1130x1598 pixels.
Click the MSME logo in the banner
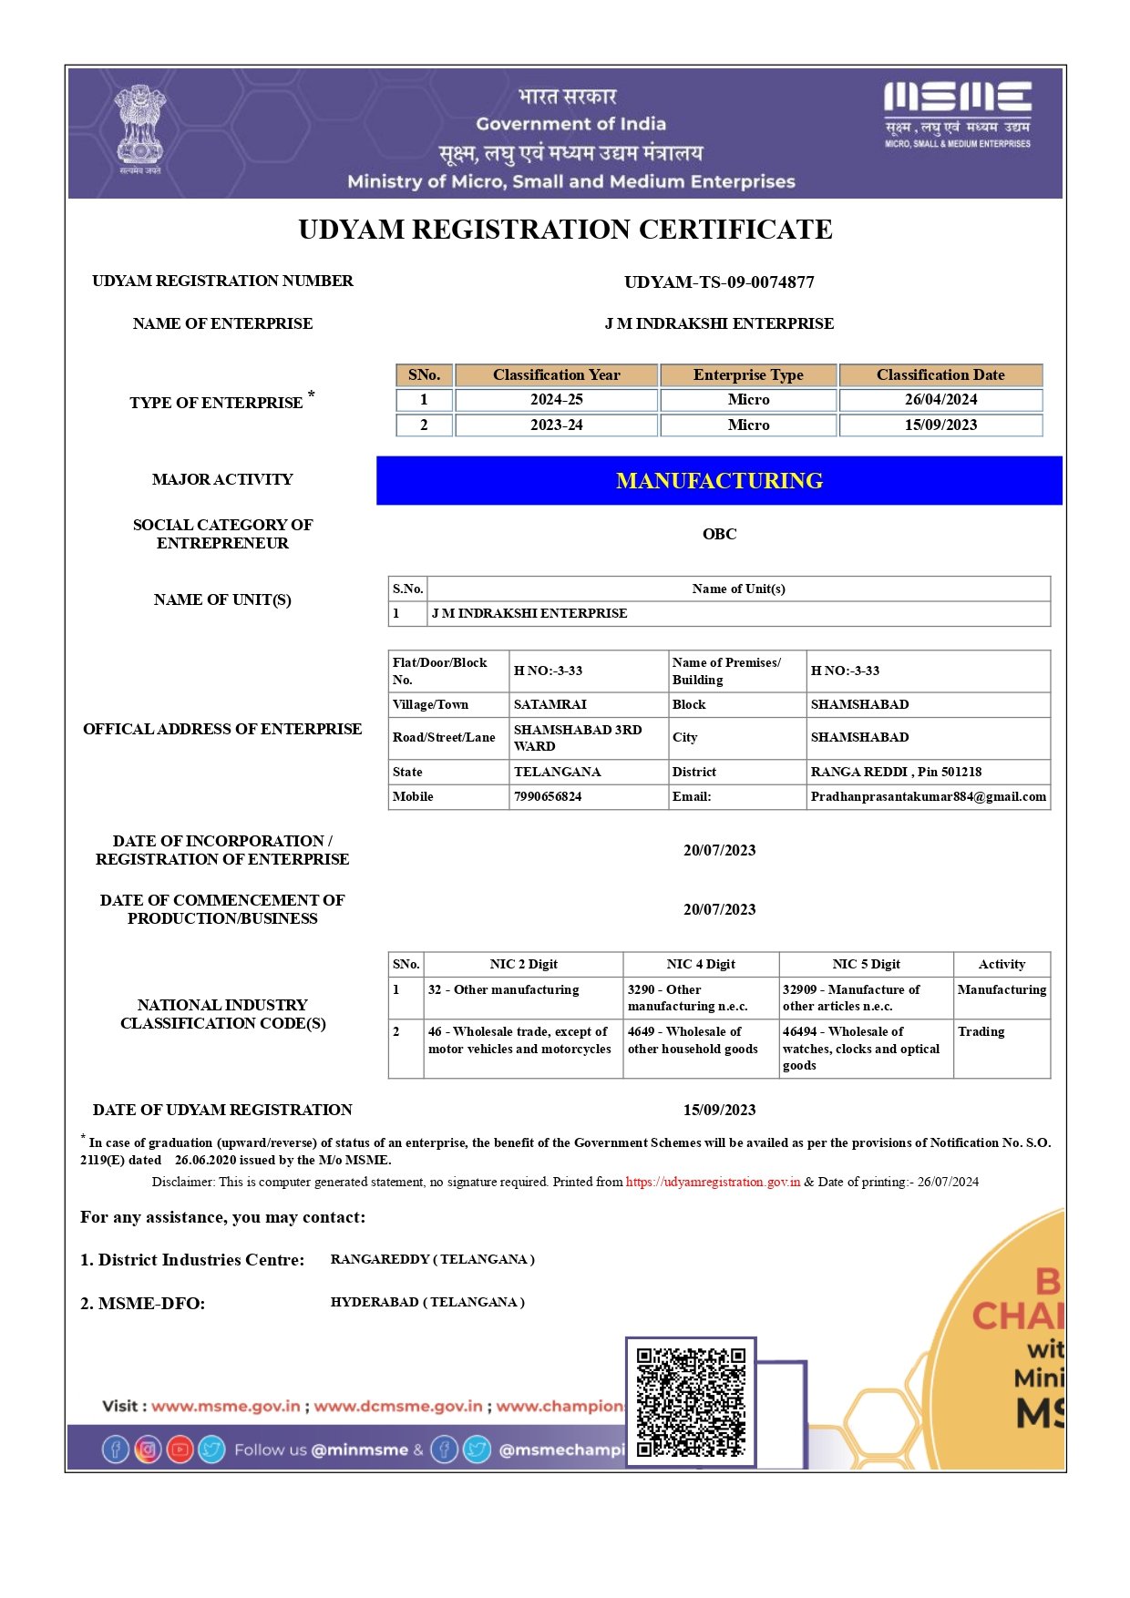click(957, 114)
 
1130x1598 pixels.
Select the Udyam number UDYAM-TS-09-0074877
click(719, 282)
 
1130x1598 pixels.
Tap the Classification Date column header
click(940, 375)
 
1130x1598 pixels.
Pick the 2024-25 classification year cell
click(556, 400)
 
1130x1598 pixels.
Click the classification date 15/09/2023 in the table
click(940, 425)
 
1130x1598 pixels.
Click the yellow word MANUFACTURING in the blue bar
click(719, 481)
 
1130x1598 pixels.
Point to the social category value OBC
click(719, 534)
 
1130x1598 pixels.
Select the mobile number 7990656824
click(548, 797)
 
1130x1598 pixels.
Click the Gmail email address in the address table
click(928, 797)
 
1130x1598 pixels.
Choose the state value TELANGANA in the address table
click(557, 773)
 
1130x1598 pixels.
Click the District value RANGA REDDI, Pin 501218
click(896, 773)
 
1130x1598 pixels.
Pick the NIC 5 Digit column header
click(866, 965)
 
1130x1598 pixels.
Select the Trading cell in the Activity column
click(981, 1032)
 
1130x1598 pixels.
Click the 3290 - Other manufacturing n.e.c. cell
click(687, 999)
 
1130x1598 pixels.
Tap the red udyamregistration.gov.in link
click(713, 1183)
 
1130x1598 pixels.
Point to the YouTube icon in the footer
click(180, 1449)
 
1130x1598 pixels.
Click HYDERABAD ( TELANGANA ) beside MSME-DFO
click(427, 1303)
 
